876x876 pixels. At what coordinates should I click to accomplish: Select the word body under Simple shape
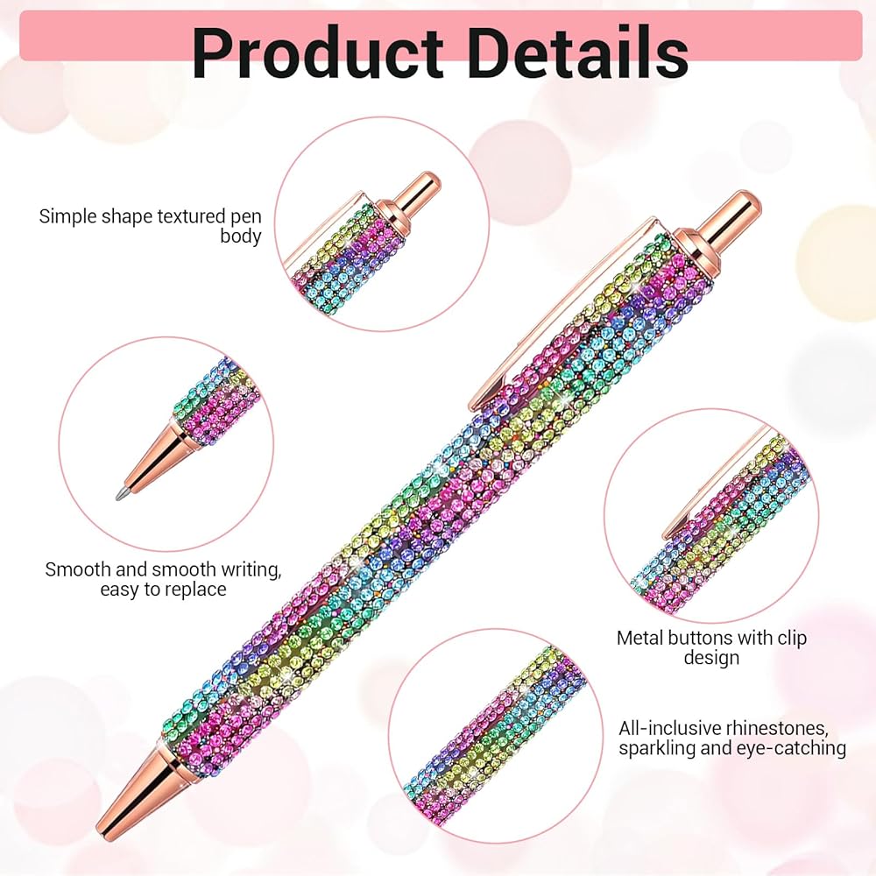coord(241,237)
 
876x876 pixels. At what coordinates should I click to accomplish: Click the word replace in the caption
coord(194,590)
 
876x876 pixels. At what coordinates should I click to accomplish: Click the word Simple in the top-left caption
coord(66,216)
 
